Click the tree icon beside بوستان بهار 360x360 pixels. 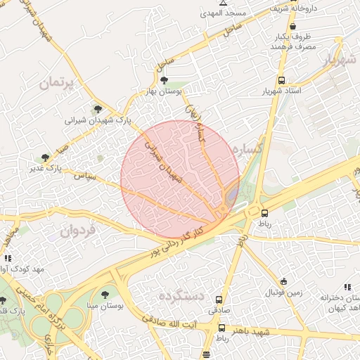165,81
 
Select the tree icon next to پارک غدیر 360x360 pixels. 46,157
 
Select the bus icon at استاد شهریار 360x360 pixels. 282,80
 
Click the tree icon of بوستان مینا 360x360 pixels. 105,295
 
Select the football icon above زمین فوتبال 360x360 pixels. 283,281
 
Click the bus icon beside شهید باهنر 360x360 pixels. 222,328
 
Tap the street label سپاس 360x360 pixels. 84,174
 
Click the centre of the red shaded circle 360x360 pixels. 180,179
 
